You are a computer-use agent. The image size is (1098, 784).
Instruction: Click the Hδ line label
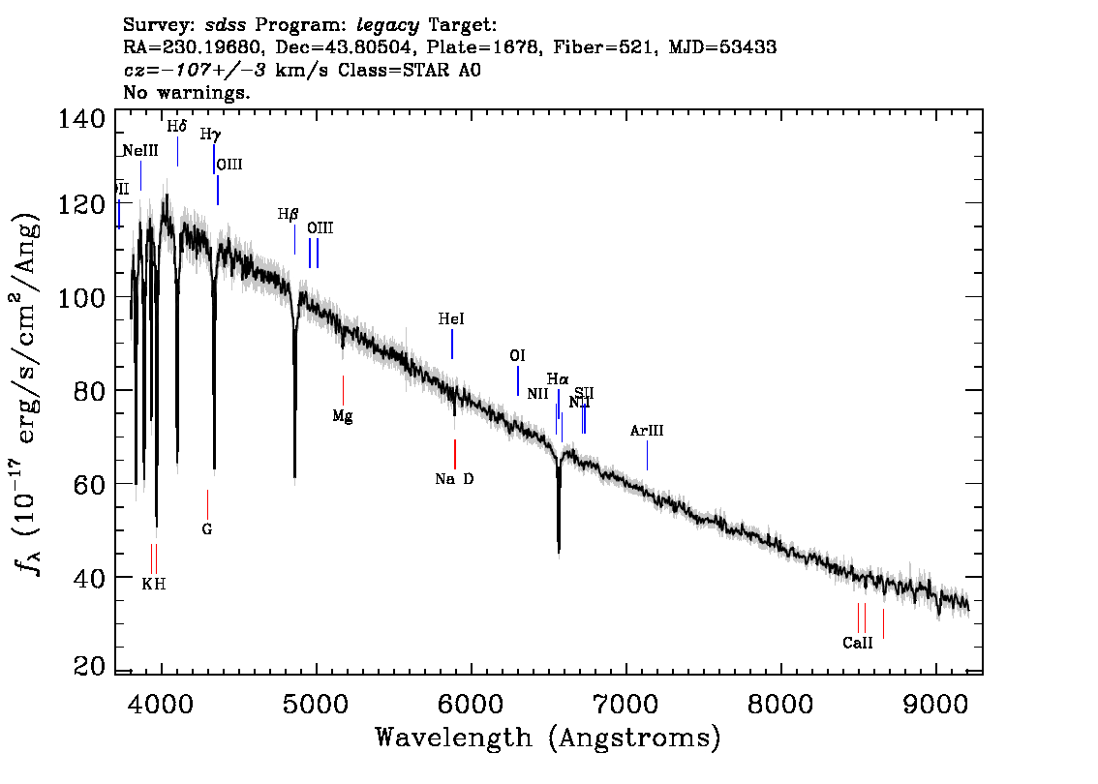pos(176,127)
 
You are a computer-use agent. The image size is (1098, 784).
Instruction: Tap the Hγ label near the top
pos(210,135)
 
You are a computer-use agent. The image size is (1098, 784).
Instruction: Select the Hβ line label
pos(288,214)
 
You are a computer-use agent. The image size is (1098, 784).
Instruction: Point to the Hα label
pos(557,378)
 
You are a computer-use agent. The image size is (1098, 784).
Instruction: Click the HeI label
pos(451,318)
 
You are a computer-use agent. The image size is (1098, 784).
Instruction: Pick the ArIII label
pos(647,431)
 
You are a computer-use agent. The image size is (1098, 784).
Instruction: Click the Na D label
pos(454,478)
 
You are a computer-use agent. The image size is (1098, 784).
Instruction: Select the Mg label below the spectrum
pos(342,416)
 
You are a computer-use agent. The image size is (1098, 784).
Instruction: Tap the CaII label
pos(857,643)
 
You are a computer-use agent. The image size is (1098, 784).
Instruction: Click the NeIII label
pos(140,151)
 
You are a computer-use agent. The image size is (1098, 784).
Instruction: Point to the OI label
pos(517,356)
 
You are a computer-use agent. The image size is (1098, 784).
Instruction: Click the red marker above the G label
pos(207,503)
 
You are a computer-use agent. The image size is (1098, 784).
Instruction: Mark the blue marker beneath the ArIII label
pos(647,455)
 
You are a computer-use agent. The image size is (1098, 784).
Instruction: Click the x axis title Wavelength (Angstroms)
pos(548,738)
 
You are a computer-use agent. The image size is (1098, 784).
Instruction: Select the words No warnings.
pos(188,93)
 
